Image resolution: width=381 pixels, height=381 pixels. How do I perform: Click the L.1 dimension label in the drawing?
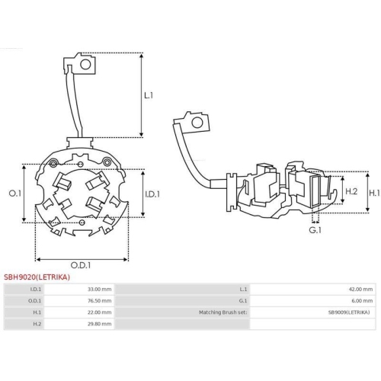coord(149,96)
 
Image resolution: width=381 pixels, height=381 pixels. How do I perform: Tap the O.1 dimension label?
coord(14,194)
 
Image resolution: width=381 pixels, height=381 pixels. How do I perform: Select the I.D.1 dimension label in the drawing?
coord(152,194)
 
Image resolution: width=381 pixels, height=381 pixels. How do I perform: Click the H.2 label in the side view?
coord(351,192)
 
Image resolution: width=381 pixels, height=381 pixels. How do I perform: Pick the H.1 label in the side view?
coord(374,194)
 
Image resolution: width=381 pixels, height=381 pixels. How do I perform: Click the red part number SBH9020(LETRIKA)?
coord(37,277)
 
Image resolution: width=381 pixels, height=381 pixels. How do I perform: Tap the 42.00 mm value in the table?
coord(360,290)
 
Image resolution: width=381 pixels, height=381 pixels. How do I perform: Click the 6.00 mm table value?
coord(362,301)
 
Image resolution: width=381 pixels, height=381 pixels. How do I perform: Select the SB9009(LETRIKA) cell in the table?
coord(350,312)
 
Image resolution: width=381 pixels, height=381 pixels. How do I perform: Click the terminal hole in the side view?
coord(197,122)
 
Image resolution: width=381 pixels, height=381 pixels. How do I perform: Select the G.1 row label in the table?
coord(243,301)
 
